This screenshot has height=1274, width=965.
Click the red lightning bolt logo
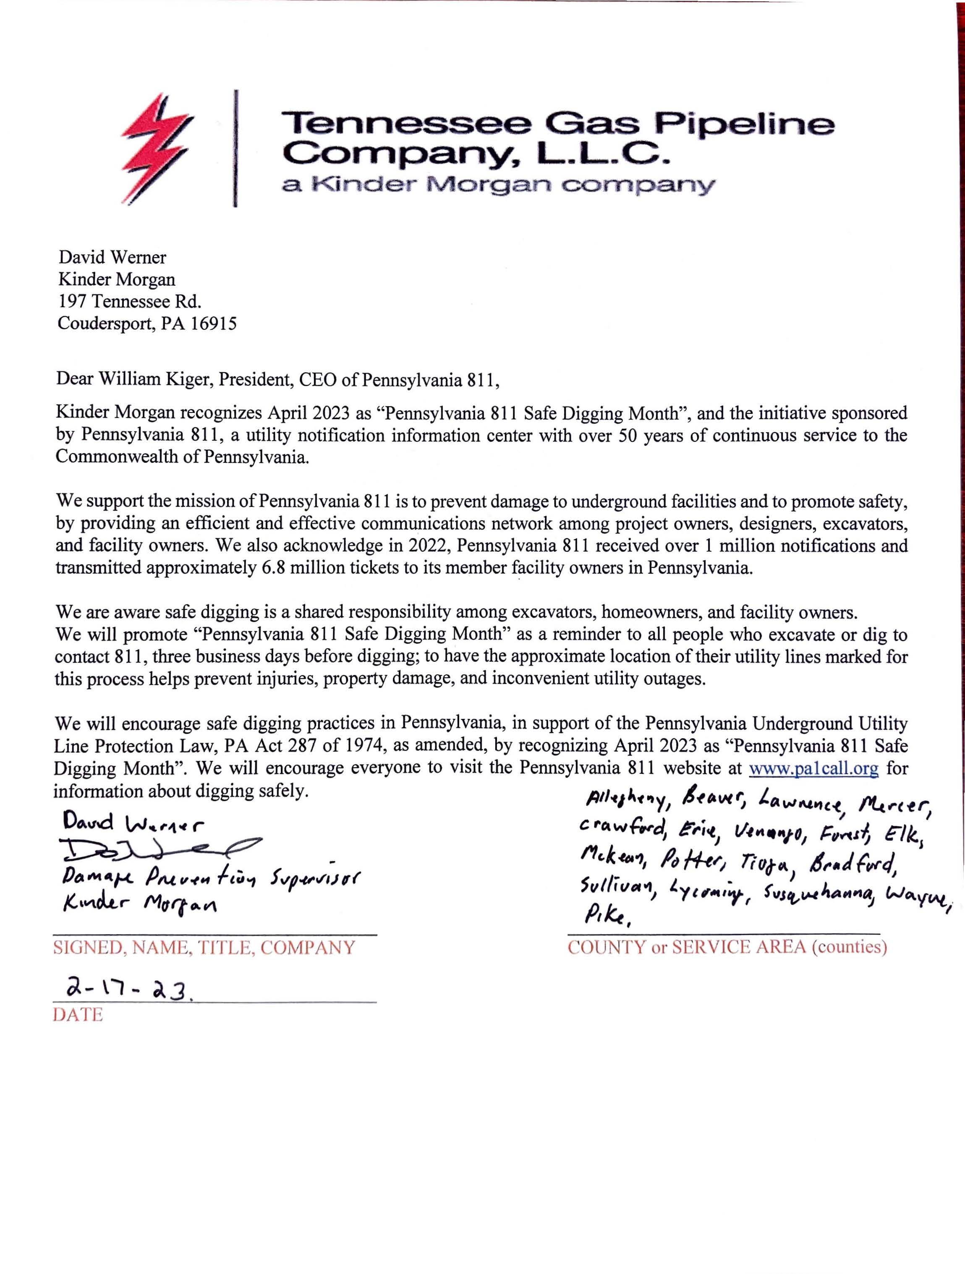click(x=157, y=148)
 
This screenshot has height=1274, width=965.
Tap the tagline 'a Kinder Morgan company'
click(x=498, y=185)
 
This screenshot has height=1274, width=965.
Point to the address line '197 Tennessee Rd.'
click(x=130, y=301)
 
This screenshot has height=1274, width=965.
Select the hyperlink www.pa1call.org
click(x=813, y=768)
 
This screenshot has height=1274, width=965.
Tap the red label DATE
click(x=78, y=1015)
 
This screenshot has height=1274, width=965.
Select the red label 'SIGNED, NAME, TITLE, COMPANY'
click(x=204, y=948)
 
